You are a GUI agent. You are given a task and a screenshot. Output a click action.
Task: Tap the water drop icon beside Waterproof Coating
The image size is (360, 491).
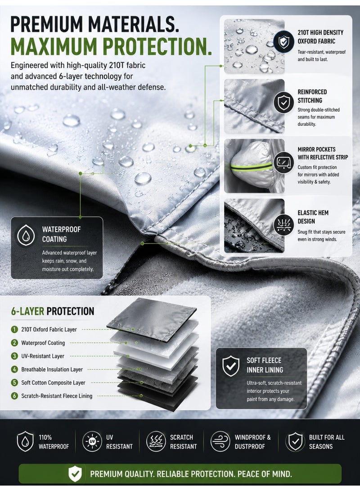coord(26,235)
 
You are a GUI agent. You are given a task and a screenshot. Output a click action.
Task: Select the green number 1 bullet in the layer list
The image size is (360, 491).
coord(14,330)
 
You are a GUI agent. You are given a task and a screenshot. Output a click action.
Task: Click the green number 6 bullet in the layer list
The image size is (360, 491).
coord(14,396)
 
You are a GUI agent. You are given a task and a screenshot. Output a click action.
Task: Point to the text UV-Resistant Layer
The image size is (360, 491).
coord(43,356)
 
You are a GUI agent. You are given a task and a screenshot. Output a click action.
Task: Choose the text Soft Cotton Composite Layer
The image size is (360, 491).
coord(53,383)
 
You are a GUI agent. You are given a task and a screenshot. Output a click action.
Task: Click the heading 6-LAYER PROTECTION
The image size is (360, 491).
coord(53,311)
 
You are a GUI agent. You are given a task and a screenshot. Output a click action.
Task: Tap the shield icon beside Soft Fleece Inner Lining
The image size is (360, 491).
coord(231,366)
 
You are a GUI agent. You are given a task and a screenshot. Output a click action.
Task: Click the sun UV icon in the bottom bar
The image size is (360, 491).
coord(92,442)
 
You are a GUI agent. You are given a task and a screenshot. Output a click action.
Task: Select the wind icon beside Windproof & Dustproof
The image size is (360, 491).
coord(220,442)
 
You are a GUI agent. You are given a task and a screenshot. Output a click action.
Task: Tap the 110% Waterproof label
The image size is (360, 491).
coord(54,442)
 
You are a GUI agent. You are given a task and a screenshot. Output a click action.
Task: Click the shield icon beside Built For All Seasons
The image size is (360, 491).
coord(296,442)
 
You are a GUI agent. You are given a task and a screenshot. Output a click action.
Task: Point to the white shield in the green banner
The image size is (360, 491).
coord(75,474)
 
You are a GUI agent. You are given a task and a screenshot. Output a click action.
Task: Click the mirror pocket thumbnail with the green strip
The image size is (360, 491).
coord(254,166)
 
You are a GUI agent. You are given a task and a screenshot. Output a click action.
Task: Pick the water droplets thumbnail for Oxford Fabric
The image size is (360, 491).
coord(254,46)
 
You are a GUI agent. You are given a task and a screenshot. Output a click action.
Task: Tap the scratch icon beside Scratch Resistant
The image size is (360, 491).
coord(156,442)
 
